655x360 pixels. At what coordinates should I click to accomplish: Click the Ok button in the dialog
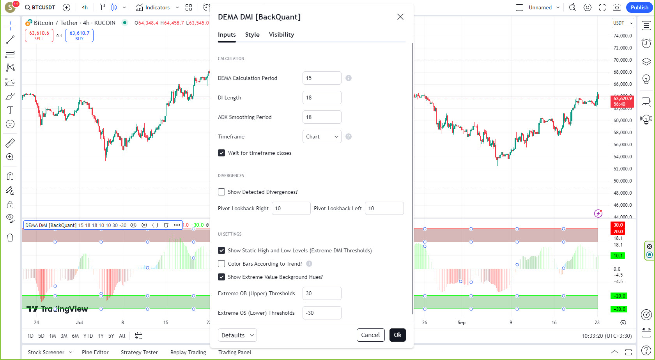pyautogui.click(x=397, y=335)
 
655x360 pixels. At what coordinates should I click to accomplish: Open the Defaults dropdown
pyautogui.click(x=237, y=335)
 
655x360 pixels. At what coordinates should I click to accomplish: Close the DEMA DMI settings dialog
pyautogui.click(x=400, y=17)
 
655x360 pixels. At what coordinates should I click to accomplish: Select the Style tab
pyautogui.click(x=252, y=35)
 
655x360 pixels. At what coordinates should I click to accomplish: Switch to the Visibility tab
pyautogui.click(x=281, y=35)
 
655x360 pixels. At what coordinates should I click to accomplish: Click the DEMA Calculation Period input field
pyautogui.click(x=322, y=78)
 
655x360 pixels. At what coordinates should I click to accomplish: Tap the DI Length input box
pyautogui.click(x=322, y=98)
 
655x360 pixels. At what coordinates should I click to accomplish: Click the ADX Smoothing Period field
pyautogui.click(x=322, y=117)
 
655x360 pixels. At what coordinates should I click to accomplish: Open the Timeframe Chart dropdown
pyautogui.click(x=322, y=137)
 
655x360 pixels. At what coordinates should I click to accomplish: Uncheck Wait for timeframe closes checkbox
pyautogui.click(x=221, y=153)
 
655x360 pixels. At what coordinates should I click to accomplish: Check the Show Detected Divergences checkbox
pyautogui.click(x=221, y=192)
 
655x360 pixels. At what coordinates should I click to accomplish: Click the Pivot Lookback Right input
pyautogui.click(x=291, y=208)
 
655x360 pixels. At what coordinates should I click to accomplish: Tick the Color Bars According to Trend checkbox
pyautogui.click(x=221, y=264)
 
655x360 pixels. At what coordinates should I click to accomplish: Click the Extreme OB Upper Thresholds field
pyautogui.click(x=322, y=293)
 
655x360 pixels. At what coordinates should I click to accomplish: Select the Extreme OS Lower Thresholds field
pyautogui.click(x=322, y=313)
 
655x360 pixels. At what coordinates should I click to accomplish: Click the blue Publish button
pyautogui.click(x=639, y=7)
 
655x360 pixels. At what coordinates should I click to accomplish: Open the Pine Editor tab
pyautogui.click(x=95, y=352)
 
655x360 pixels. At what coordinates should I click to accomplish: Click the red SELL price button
pyautogui.click(x=39, y=35)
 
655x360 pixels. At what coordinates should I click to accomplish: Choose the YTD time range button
pyautogui.click(x=88, y=336)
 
